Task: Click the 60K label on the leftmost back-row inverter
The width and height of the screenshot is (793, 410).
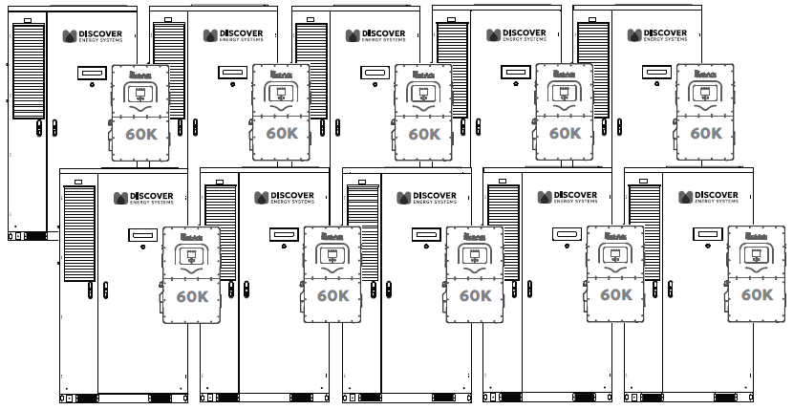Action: [141, 134]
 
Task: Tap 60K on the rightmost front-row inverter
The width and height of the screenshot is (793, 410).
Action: [757, 295]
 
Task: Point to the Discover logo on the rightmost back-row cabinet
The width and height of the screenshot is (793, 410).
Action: [657, 35]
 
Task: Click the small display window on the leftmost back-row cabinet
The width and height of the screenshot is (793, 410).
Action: [92, 72]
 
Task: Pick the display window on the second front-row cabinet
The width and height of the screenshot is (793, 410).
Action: [283, 233]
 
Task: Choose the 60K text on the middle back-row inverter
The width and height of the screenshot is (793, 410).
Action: [423, 134]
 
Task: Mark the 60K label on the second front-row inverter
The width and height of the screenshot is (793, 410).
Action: [332, 295]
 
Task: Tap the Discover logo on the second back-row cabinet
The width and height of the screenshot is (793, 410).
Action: [235, 35]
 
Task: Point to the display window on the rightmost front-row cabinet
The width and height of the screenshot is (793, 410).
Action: [707, 233]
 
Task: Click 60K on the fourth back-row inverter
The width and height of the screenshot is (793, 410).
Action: [564, 134]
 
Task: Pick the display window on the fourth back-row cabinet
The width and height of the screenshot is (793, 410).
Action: [514, 72]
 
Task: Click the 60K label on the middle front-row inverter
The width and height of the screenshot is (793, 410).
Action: [474, 295]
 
